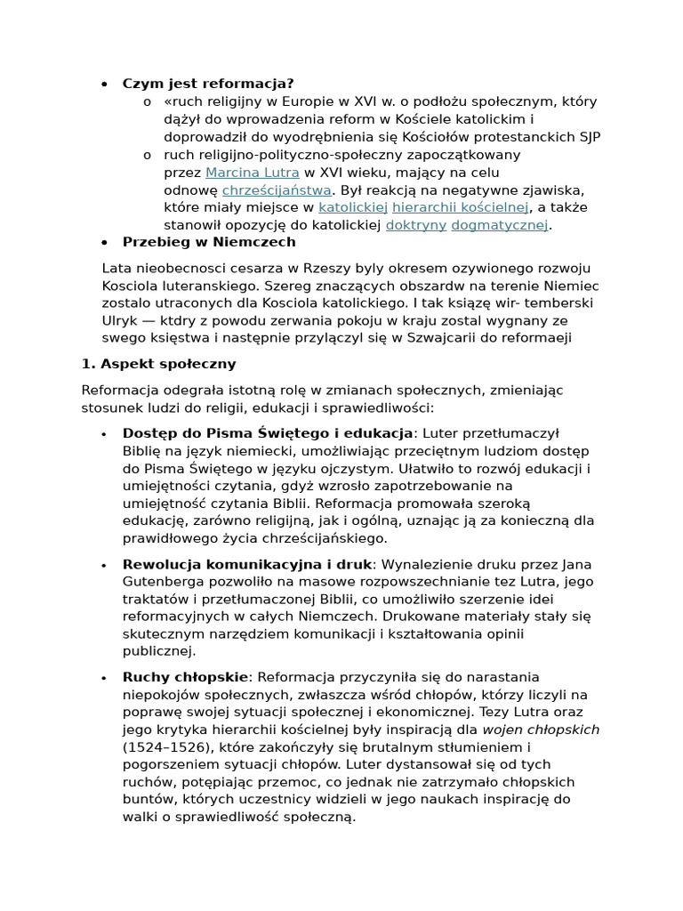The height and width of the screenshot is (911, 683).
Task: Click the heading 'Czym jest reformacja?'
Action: [x=208, y=84]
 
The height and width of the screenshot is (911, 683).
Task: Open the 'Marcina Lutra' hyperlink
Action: [x=252, y=173]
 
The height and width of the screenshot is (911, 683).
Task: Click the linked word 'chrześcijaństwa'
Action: [x=277, y=190]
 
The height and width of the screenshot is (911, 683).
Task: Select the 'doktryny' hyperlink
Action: [x=415, y=225]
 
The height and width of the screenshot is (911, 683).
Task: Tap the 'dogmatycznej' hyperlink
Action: [x=500, y=225]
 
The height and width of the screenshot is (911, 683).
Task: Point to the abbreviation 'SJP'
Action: [x=589, y=137]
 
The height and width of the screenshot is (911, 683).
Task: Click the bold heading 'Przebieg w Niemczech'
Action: [x=209, y=242]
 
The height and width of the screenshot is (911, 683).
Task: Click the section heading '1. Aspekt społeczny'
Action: [x=158, y=364]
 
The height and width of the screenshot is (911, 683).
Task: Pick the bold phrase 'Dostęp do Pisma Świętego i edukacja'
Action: [x=268, y=433]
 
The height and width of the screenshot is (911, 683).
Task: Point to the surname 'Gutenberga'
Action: [x=161, y=582]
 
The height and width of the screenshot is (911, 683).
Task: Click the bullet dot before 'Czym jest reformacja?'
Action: [x=104, y=85]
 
